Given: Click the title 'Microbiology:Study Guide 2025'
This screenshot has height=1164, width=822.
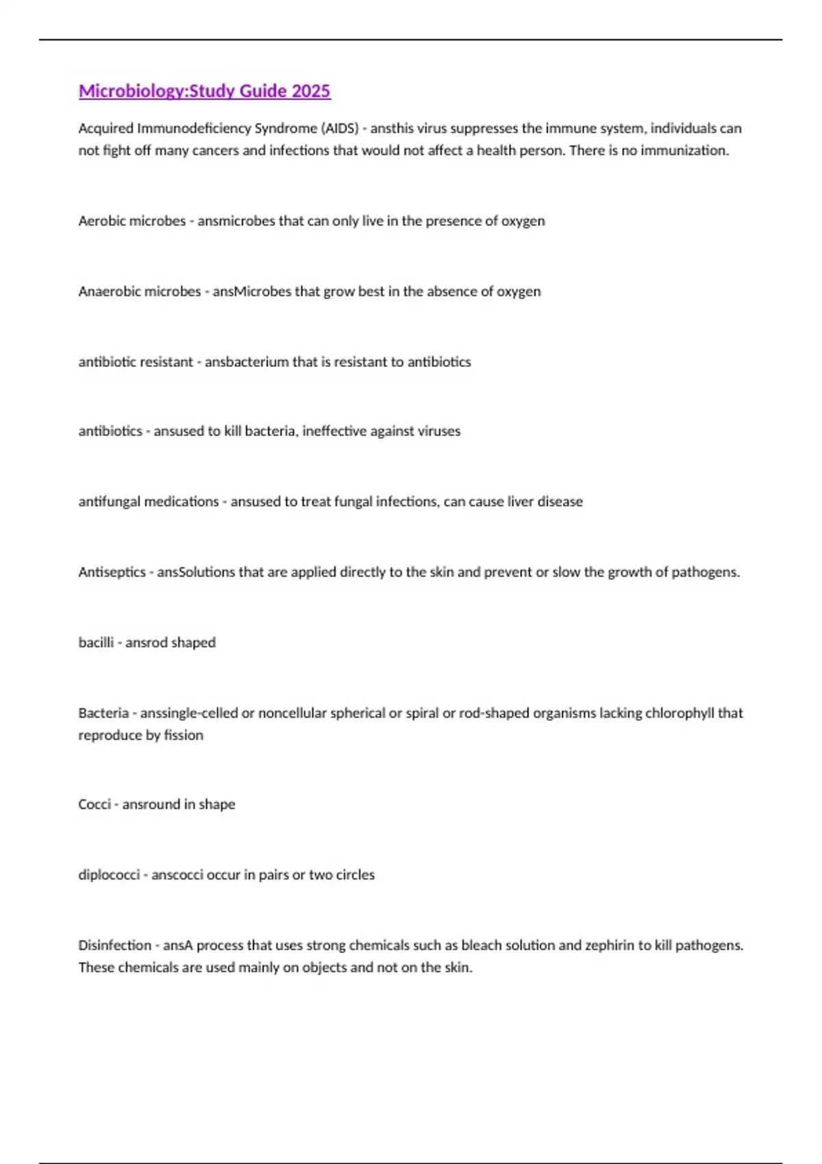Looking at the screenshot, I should point(204,91).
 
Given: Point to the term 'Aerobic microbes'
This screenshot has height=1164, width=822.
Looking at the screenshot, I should point(132,221).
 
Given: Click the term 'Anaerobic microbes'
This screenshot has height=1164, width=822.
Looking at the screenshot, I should point(139,292).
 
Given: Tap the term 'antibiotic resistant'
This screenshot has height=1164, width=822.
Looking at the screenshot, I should point(135,362).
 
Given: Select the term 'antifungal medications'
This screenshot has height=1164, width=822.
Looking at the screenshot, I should point(148,502).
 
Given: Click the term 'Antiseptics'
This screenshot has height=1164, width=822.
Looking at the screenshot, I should point(112,572).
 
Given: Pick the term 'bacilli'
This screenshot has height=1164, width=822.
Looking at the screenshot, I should point(96,643).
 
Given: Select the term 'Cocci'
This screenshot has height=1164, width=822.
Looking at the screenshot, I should point(95,805).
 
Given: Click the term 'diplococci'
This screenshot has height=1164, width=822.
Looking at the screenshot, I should point(109,875).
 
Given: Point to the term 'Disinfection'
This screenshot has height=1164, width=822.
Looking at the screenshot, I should point(114,946).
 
